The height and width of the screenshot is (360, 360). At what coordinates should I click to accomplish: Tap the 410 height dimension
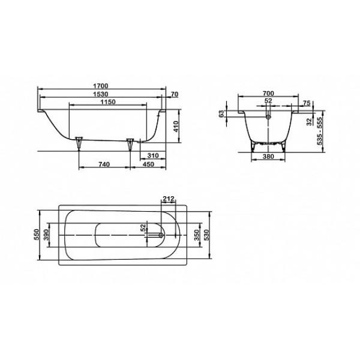176,127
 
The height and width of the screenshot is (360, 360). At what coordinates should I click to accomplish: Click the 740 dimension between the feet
103,164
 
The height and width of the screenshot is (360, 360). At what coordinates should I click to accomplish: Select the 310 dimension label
152,155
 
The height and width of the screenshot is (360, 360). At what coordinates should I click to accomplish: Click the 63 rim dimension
221,113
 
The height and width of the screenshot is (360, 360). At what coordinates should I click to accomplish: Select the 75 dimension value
307,103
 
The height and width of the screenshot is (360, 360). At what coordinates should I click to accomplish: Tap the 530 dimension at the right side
208,235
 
